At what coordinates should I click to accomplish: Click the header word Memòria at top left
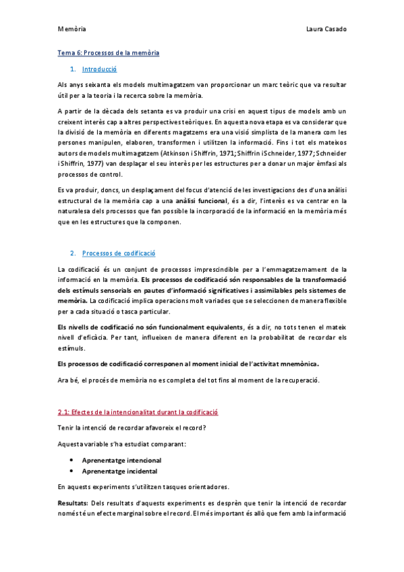click(x=71, y=29)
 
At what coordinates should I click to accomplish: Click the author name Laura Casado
click(x=326, y=29)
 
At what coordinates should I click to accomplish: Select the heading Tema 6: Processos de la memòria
click(x=108, y=53)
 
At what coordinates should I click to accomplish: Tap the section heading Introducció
click(x=99, y=69)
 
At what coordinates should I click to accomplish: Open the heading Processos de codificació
click(x=119, y=253)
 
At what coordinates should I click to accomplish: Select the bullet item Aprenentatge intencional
click(x=121, y=459)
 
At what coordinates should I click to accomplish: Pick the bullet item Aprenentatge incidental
click(x=119, y=471)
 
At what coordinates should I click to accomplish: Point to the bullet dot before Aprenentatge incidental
click(x=71, y=471)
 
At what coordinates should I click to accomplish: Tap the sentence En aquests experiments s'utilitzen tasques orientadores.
click(x=143, y=487)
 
